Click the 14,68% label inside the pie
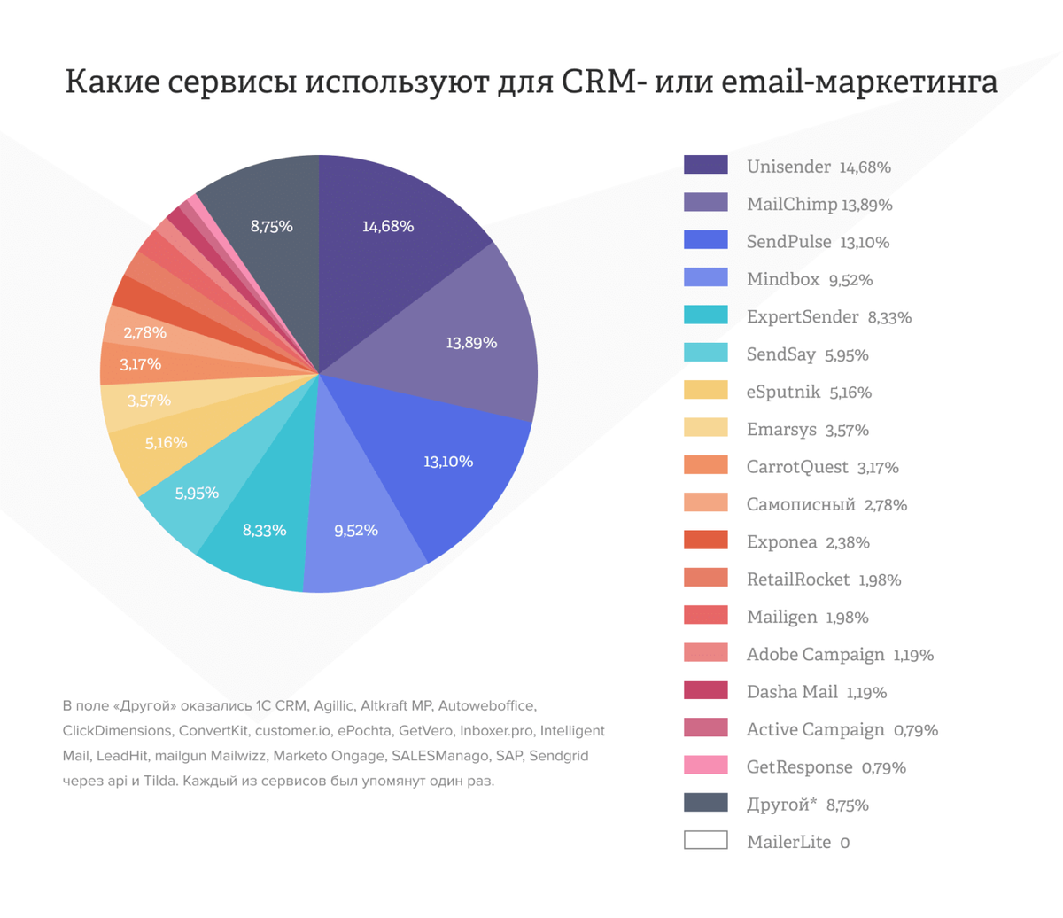[387, 227]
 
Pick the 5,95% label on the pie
[197, 494]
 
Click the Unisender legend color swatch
[705, 166]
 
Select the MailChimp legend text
[791, 205]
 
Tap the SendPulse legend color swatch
[705, 240]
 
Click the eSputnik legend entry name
[783, 392]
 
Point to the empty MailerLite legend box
[705, 840]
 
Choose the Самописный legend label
[800, 504]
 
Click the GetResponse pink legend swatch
[705, 766]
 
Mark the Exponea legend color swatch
[705, 541]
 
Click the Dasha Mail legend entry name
[791, 692]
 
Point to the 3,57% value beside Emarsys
[847, 431]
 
